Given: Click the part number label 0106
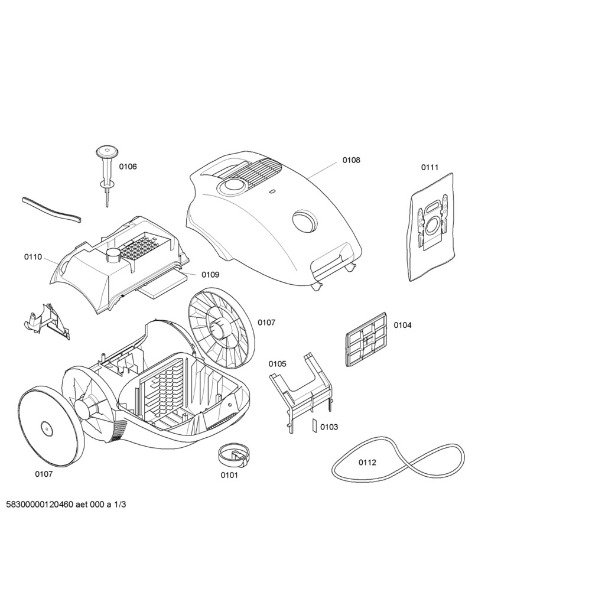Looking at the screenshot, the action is [x=128, y=167].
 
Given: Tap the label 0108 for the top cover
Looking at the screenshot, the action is [x=351, y=160].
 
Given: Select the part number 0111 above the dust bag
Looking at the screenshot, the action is [x=430, y=167].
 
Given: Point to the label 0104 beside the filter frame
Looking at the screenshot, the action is [x=402, y=326].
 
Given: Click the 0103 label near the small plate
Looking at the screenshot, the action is [x=329, y=427].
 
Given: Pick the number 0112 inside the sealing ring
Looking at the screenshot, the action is [x=367, y=462].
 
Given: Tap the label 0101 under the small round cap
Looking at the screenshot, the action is [x=229, y=476].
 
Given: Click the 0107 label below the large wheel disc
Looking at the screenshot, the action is [x=44, y=474].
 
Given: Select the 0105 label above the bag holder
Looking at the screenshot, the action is [x=278, y=364].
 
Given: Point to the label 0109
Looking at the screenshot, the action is [x=210, y=275].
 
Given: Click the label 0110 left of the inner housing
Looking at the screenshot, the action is [x=33, y=257].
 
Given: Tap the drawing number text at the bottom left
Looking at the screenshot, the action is [x=66, y=505].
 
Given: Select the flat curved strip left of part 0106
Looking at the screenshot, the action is [x=52, y=210].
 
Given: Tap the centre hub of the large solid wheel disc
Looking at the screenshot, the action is [x=46, y=428].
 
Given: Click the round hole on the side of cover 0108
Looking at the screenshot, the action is [x=304, y=220].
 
